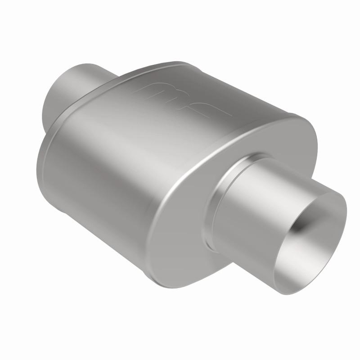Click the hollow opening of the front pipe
[x=315, y=234]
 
